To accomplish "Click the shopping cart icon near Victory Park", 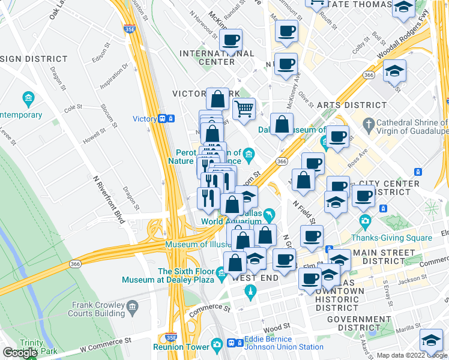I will click(244, 109).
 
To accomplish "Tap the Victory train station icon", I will click(166, 119).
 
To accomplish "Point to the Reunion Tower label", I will click(179, 346).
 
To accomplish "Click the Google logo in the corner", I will click(20, 353).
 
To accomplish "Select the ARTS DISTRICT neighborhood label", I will click(352, 105).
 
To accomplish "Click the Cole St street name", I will click(73, 107).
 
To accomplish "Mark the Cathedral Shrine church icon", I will click(368, 126).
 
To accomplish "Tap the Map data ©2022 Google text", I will click(412, 355).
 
